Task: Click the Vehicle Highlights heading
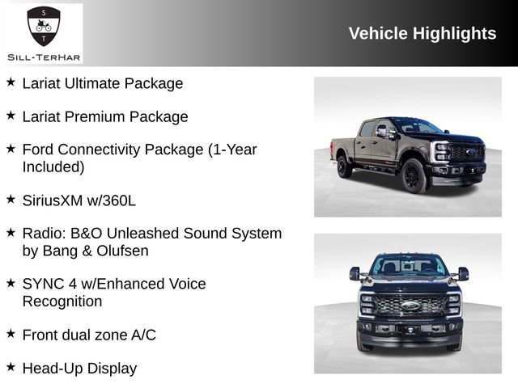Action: click(422, 33)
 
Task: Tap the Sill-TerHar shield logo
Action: click(44, 27)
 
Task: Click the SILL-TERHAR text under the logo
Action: click(43, 57)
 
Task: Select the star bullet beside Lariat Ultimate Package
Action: click(11, 82)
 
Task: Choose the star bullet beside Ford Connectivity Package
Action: click(11, 149)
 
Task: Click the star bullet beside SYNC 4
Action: click(11, 283)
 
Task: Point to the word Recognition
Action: click(62, 302)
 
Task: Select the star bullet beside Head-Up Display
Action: click(11, 367)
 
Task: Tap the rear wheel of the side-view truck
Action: click(345, 167)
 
